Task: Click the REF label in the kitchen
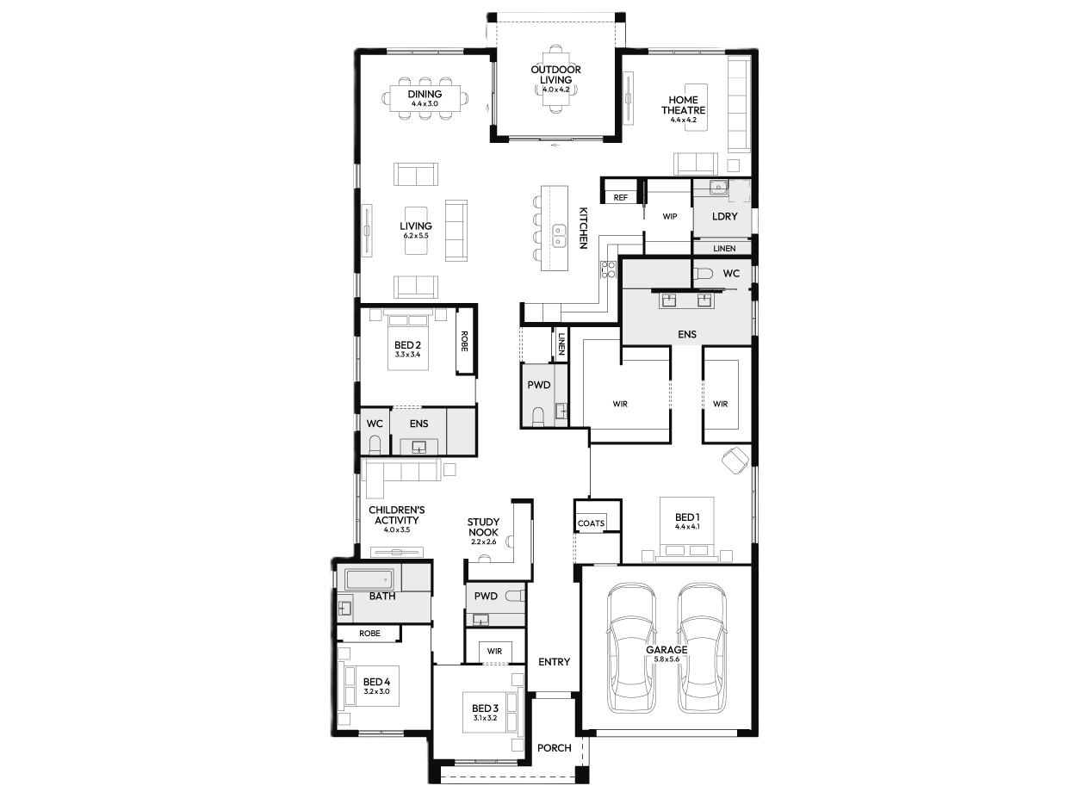[x=621, y=197]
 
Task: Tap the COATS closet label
[x=591, y=523]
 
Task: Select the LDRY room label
[x=725, y=216]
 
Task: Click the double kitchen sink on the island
[x=559, y=235]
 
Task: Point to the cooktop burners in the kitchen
[x=608, y=269]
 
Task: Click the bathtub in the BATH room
[x=369, y=579]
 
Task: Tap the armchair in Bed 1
[x=735, y=461]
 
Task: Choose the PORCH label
[x=555, y=748]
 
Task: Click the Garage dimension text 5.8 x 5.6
[x=666, y=659]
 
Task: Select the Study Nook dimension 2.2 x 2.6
[x=483, y=541]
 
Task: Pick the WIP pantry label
[x=670, y=216]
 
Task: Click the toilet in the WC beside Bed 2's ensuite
[x=375, y=445]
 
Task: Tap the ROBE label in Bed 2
[x=464, y=341]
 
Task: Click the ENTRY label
[x=555, y=662]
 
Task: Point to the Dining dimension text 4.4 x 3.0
[x=425, y=103]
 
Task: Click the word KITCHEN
[x=584, y=228]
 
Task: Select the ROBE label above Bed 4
[x=369, y=634]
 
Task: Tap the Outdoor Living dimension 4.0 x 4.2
[x=556, y=90]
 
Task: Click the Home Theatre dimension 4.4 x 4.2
[x=684, y=120]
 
